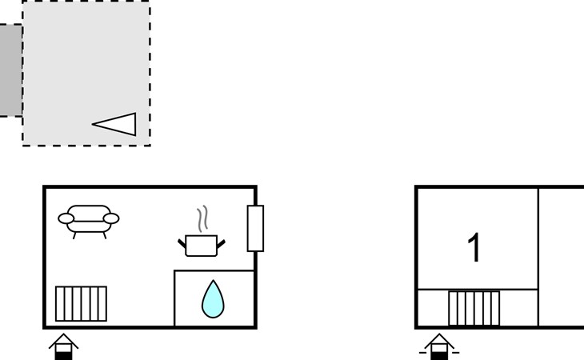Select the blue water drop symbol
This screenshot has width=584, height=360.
[x=213, y=300]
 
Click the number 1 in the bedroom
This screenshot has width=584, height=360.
[x=474, y=247]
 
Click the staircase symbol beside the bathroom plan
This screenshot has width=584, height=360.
[x=81, y=303]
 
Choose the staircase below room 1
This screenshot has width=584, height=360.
[x=474, y=308]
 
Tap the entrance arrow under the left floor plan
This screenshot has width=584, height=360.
[x=63, y=346]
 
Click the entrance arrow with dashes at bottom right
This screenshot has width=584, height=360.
[x=439, y=346]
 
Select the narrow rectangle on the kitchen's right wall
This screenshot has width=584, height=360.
[x=255, y=228]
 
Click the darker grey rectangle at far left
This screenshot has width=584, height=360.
[x=11, y=70]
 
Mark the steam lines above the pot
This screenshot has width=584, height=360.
[x=202, y=218]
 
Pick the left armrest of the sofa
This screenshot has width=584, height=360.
[x=66, y=218]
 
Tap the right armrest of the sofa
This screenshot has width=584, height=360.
[x=111, y=218]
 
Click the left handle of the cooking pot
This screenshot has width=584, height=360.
[x=182, y=243]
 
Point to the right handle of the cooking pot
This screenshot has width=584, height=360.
[x=222, y=244]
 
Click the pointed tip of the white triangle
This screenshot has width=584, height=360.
[x=92, y=124]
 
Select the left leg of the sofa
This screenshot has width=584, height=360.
[x=74, y=236]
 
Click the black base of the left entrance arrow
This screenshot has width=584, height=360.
[x=63, y=355]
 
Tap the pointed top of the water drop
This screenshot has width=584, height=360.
[x=213, y=281]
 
